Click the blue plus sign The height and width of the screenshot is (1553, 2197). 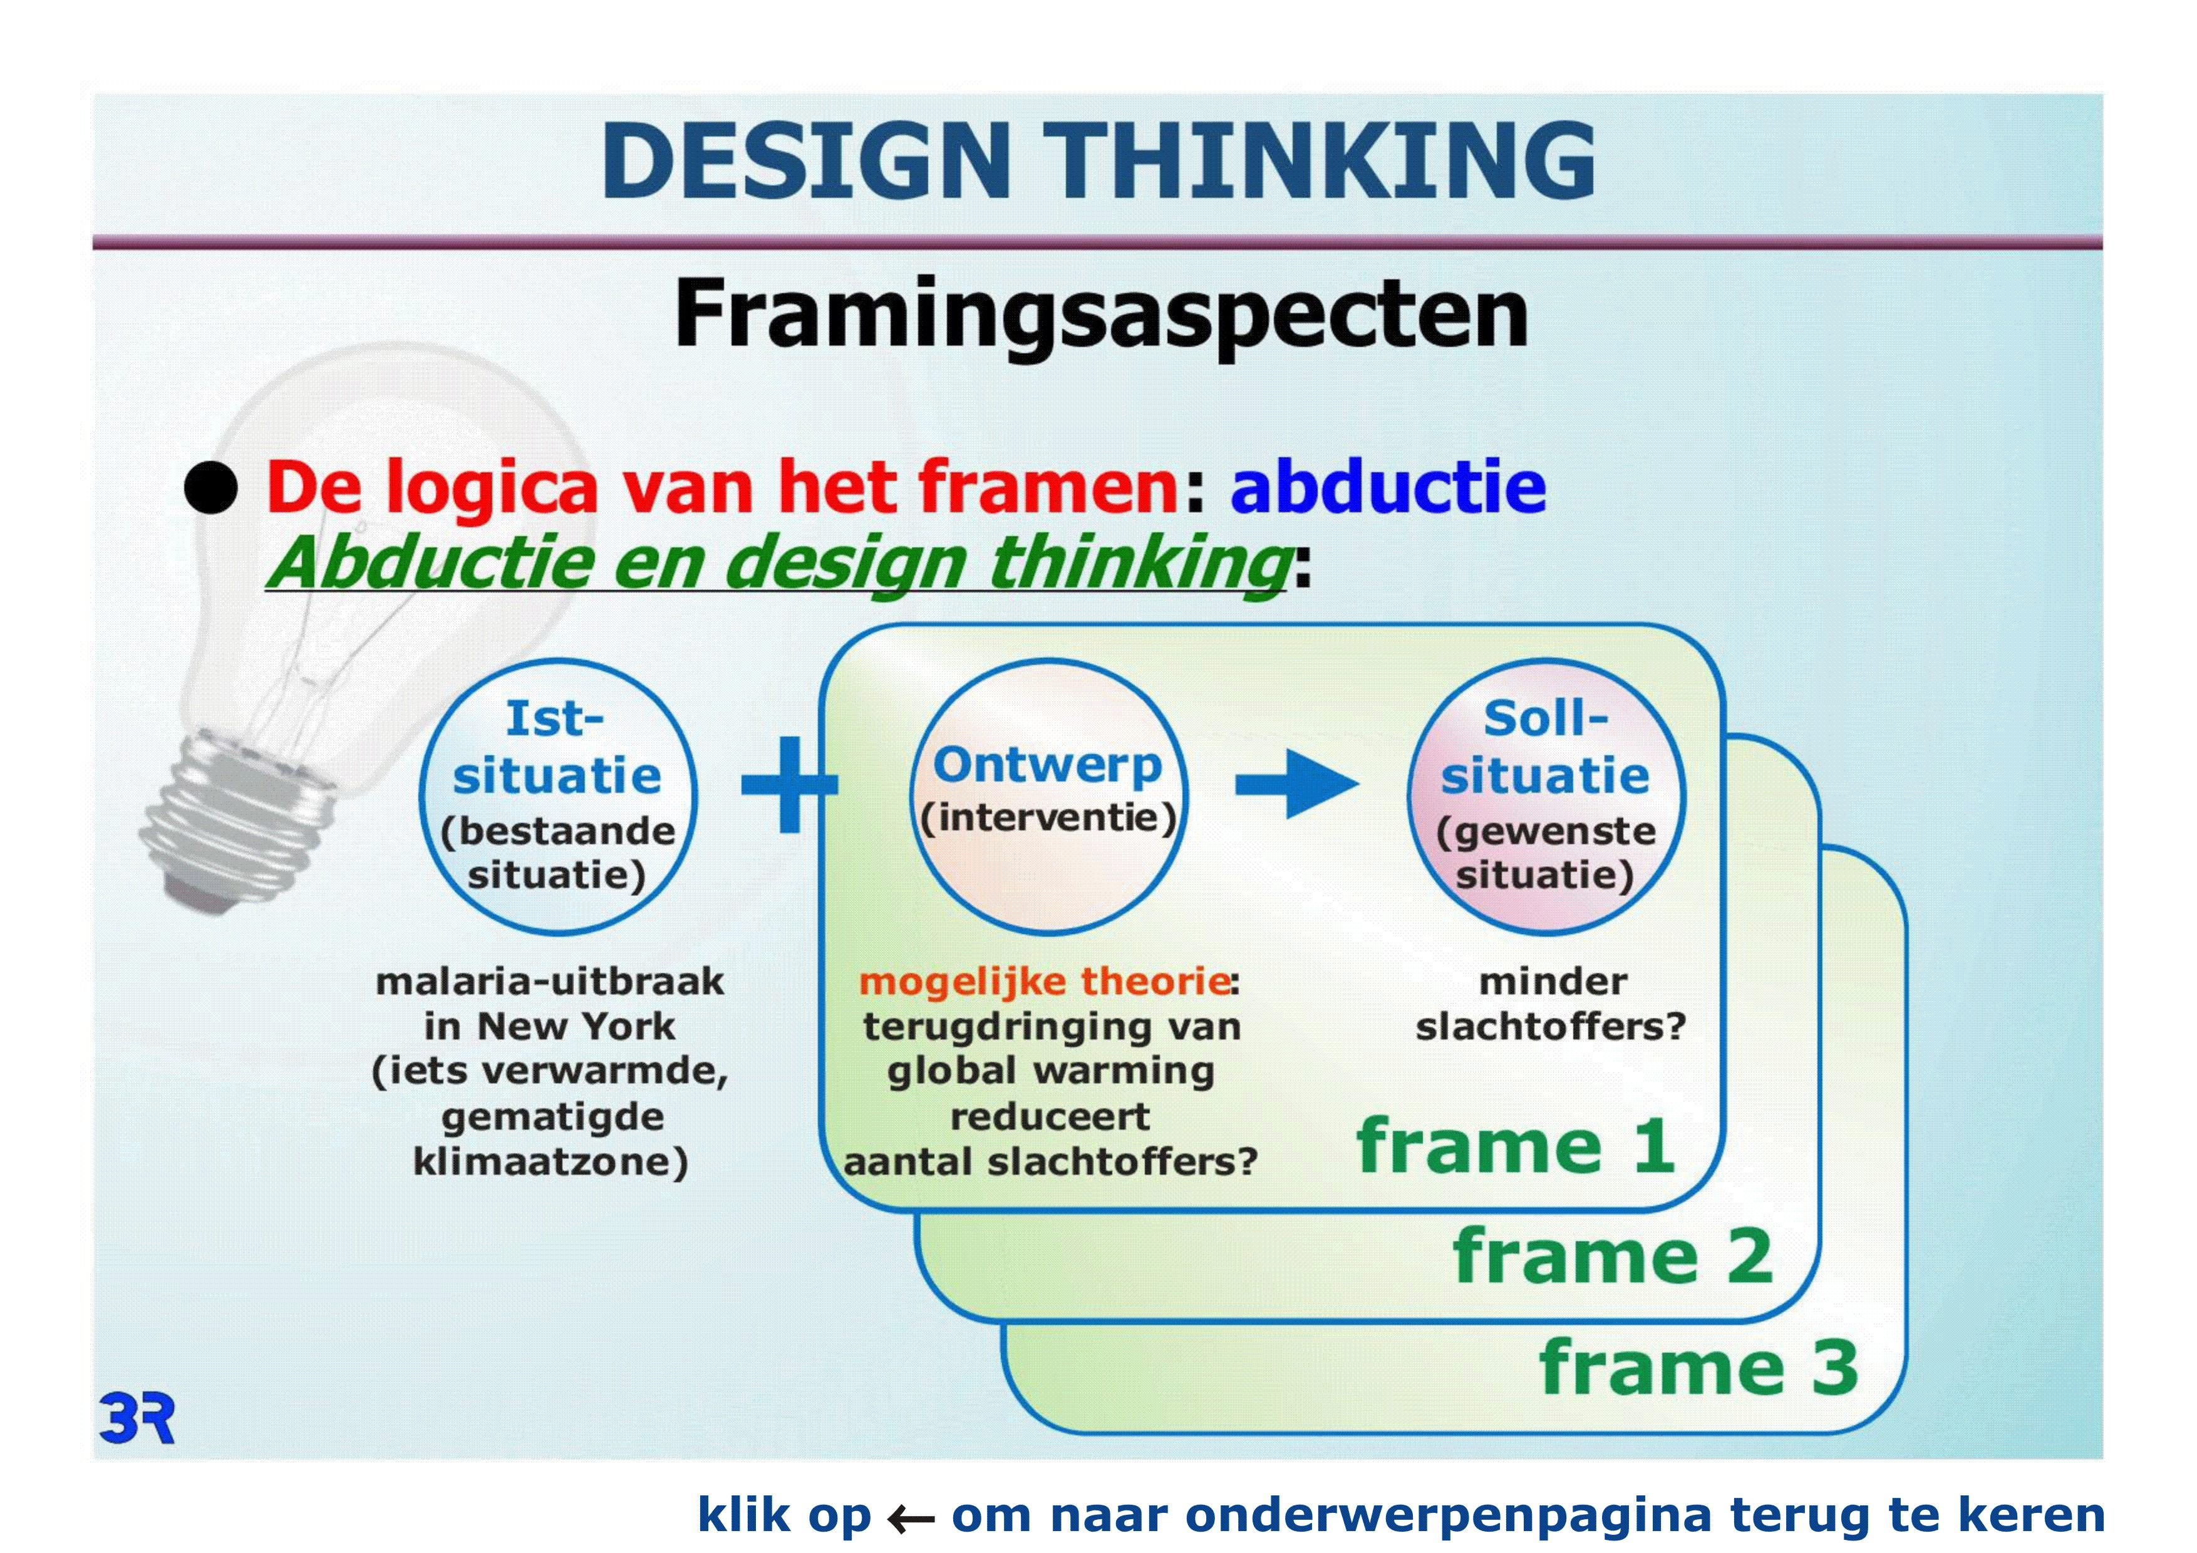(789, 785)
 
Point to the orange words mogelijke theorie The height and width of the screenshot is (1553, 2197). (1044, 982)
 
